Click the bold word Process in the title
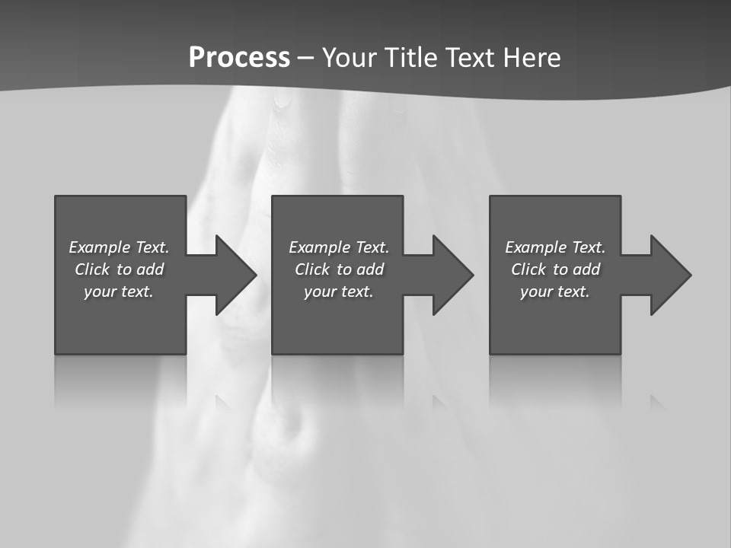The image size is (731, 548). coord(239,58)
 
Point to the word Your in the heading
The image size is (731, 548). coord(351,58)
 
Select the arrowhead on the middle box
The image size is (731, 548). coord(452,275)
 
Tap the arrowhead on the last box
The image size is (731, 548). coord(669,275)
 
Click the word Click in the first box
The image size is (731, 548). coord(91,269)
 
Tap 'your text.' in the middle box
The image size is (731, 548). coord(338,292)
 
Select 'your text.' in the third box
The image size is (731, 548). coord(554,292)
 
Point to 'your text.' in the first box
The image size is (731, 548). coord(118,292)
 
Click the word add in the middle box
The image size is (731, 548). coord(370,269)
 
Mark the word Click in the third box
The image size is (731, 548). coord(528,269)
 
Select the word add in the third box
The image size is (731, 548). coord(586,269)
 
